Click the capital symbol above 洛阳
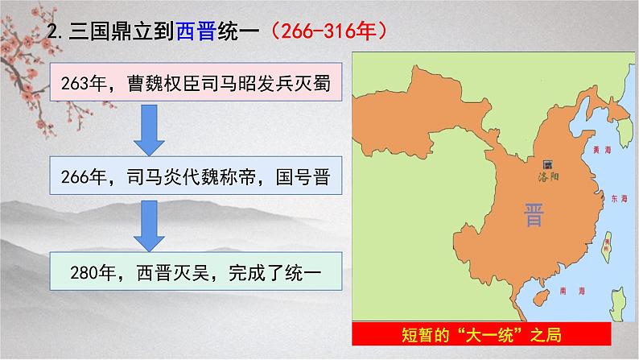(548, 160)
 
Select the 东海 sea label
(619, 198)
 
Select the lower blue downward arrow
(149, 227)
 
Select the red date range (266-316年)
(330, 32)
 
